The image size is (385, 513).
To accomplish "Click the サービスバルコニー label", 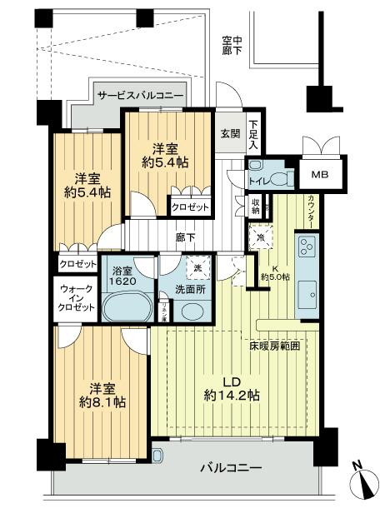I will pyautogui.click(x=140, y=97).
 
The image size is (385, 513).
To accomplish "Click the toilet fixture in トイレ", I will pyautogui.click(x=278, y=177).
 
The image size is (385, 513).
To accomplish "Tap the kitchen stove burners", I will pyautogui.click(x=306, y=248).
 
